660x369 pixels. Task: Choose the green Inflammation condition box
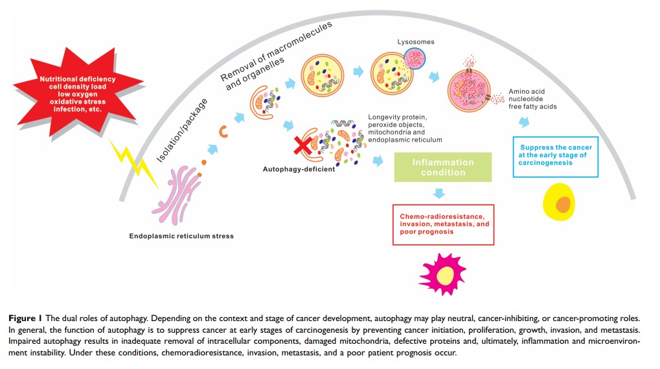[443, 167]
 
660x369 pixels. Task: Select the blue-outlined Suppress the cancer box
[554, 156]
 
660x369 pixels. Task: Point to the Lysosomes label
[415, 42]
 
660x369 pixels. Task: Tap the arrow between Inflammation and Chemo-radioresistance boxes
[440, 192]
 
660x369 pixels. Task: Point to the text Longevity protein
[394, 117]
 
